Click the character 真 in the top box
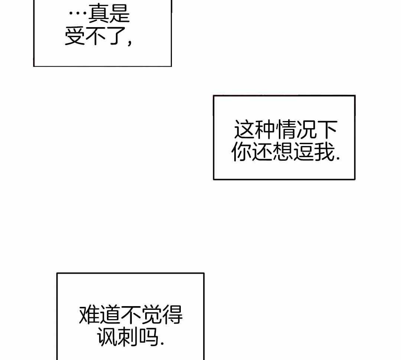[98, 14]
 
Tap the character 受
[75, 36]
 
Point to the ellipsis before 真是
[78, 15]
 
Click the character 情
[285, 130]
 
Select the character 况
[306, 130]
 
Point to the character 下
[327, 130]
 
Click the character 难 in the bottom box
[89, 315]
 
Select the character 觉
[151, 315]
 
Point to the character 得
[172, 315]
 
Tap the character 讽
[108, 337]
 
